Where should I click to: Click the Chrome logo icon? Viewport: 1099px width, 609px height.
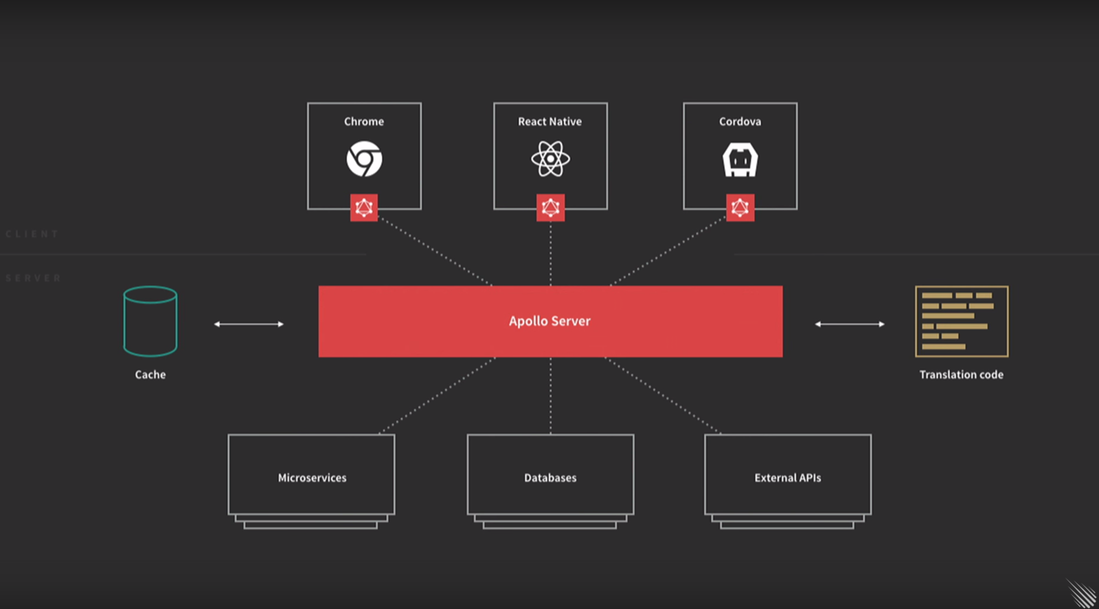pyautogui.click(x=364, y=159)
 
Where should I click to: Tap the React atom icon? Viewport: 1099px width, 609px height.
pyautogui.click(x=550, y=159)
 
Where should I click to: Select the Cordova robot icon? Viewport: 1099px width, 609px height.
pyautogui.click(x=740, y=160)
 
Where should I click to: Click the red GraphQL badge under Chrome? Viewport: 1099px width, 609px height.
pyautogui.click(x=364, y=207)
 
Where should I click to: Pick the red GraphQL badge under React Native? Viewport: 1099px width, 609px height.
pyautogui.click(x=550, y=207)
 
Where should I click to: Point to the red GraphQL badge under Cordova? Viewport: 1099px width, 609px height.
pyautogui.click(x=740, y=207)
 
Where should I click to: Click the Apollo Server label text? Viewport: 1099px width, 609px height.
pyautogui.click(x=549, y=321)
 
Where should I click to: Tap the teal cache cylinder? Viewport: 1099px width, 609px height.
pyautogui.click(x=150, y=321)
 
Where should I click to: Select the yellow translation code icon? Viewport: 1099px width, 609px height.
pyautogui.click(x=962, y=321)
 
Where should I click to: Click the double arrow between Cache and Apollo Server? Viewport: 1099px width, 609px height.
pyautogui.click(x=249, y=324)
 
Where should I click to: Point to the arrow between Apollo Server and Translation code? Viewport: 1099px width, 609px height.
pyautogui.click(x=850, y=324)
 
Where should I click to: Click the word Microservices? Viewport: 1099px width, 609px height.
pyautogui.click(x=312, y=478)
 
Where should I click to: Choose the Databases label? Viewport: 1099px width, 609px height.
pyautogui.click(x=550, y=478)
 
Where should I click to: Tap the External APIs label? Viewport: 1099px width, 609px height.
pyautogui.click(x=788, y=478)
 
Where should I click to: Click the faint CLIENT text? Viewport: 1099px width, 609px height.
pyautogui.click(x=32, y=234)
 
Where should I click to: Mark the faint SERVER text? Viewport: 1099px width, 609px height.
pyautogui.click(x=34, y=278)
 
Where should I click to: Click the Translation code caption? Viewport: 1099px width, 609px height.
pyautogui.click(x=961, y=375)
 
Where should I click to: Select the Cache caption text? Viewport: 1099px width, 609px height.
pyautogui.click(x=150, y=375)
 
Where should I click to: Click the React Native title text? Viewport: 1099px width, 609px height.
pyautogui.click(x=549, y=122)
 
